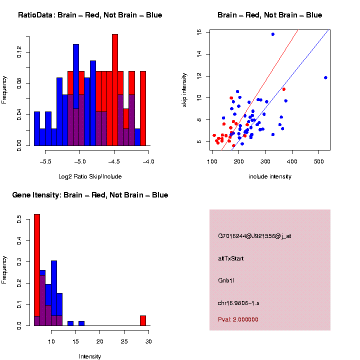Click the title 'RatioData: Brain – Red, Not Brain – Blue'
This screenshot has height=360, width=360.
point(90,15)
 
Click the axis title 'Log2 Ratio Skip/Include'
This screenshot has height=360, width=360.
point(90,176)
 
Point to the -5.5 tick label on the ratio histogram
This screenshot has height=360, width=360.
point(45,161)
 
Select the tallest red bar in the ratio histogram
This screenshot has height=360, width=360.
point(115,90)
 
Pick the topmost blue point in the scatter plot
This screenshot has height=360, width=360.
point(273,34)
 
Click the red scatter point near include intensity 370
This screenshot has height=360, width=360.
point(283,89)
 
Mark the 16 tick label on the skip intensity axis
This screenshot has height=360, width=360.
point(198,32)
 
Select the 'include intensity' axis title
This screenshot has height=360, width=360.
point(270,176)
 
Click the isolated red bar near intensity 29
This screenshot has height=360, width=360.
point(142,320)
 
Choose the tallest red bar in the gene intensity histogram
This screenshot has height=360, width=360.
point(37,270)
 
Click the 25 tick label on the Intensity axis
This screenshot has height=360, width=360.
point(124,341)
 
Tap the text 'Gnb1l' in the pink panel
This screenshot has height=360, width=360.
point(226,280)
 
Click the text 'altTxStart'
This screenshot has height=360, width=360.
point(231,258)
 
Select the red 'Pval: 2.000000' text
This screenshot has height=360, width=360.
point(238,319)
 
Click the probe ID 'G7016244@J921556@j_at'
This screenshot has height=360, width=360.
point(254,236)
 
